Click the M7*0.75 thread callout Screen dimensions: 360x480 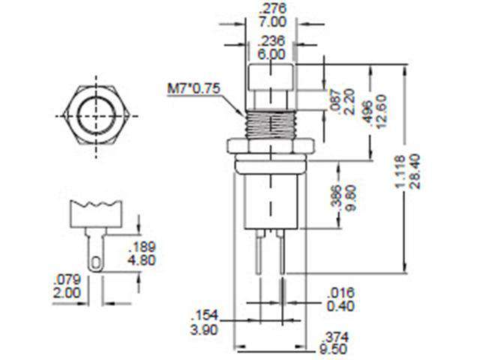pyautogui.click(x=193, y=91)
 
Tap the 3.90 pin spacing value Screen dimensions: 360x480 pyautogui.click(x=205, y=331)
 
